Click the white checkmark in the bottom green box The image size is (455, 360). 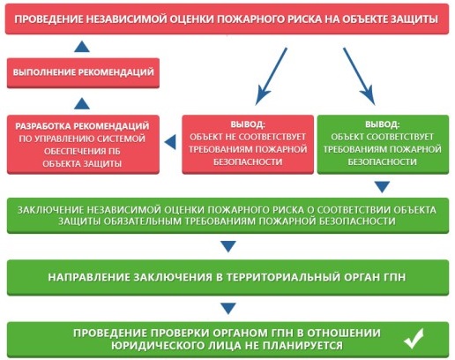point(414,339)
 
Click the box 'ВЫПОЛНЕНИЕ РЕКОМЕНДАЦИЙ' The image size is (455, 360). point(83,73)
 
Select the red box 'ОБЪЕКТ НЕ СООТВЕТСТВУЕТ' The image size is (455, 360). point(248,144)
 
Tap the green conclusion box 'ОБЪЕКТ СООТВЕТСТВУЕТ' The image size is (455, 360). point(383,144)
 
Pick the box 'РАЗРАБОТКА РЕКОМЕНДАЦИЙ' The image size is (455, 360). point(83,144)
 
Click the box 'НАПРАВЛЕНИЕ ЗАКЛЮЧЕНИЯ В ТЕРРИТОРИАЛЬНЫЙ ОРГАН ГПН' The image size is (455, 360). point(227,277)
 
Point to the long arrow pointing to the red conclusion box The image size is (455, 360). point(271,77)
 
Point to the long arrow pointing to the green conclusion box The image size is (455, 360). point(359,77)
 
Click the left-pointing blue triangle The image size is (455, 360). point(170,142)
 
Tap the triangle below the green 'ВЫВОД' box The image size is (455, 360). point(383,187)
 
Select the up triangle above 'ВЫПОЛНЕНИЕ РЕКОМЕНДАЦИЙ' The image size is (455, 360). point(82,47)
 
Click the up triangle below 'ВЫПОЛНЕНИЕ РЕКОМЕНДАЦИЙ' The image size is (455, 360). point(82,104)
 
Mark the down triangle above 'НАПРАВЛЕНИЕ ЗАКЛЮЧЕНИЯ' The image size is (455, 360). point(228,246)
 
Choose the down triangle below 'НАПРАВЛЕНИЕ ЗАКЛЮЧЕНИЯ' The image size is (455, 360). point(228,309)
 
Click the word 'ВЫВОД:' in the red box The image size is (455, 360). point(248,124)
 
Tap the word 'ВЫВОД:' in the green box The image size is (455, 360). point(383,124)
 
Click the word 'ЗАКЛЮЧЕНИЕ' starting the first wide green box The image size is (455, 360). point(50,210)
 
